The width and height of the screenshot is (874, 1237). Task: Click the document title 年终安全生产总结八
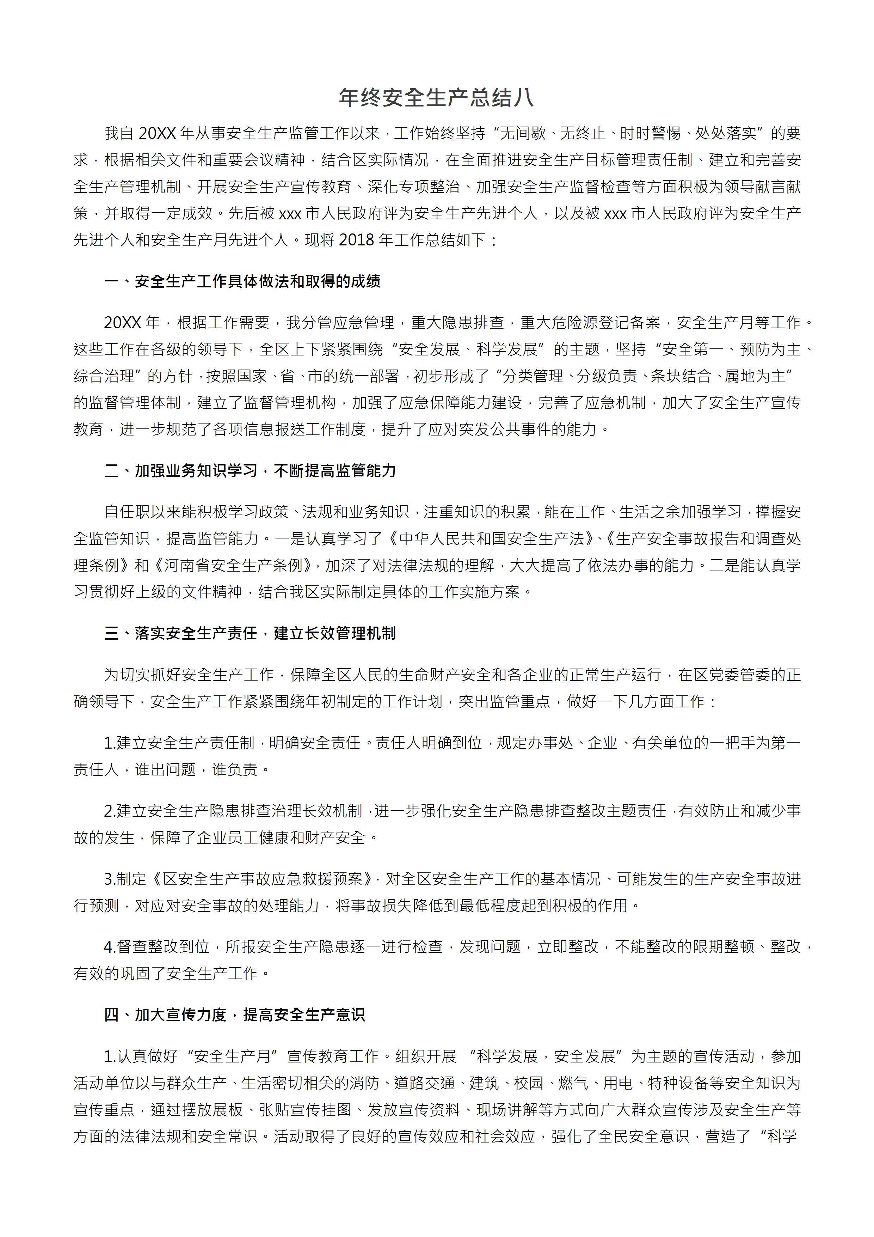tap(436, 98)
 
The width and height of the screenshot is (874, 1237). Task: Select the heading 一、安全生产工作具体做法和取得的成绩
tap(242, 281)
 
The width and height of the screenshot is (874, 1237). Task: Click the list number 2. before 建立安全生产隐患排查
tap(110, 811)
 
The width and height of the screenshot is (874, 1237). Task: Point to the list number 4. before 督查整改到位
tap(110, 946)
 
